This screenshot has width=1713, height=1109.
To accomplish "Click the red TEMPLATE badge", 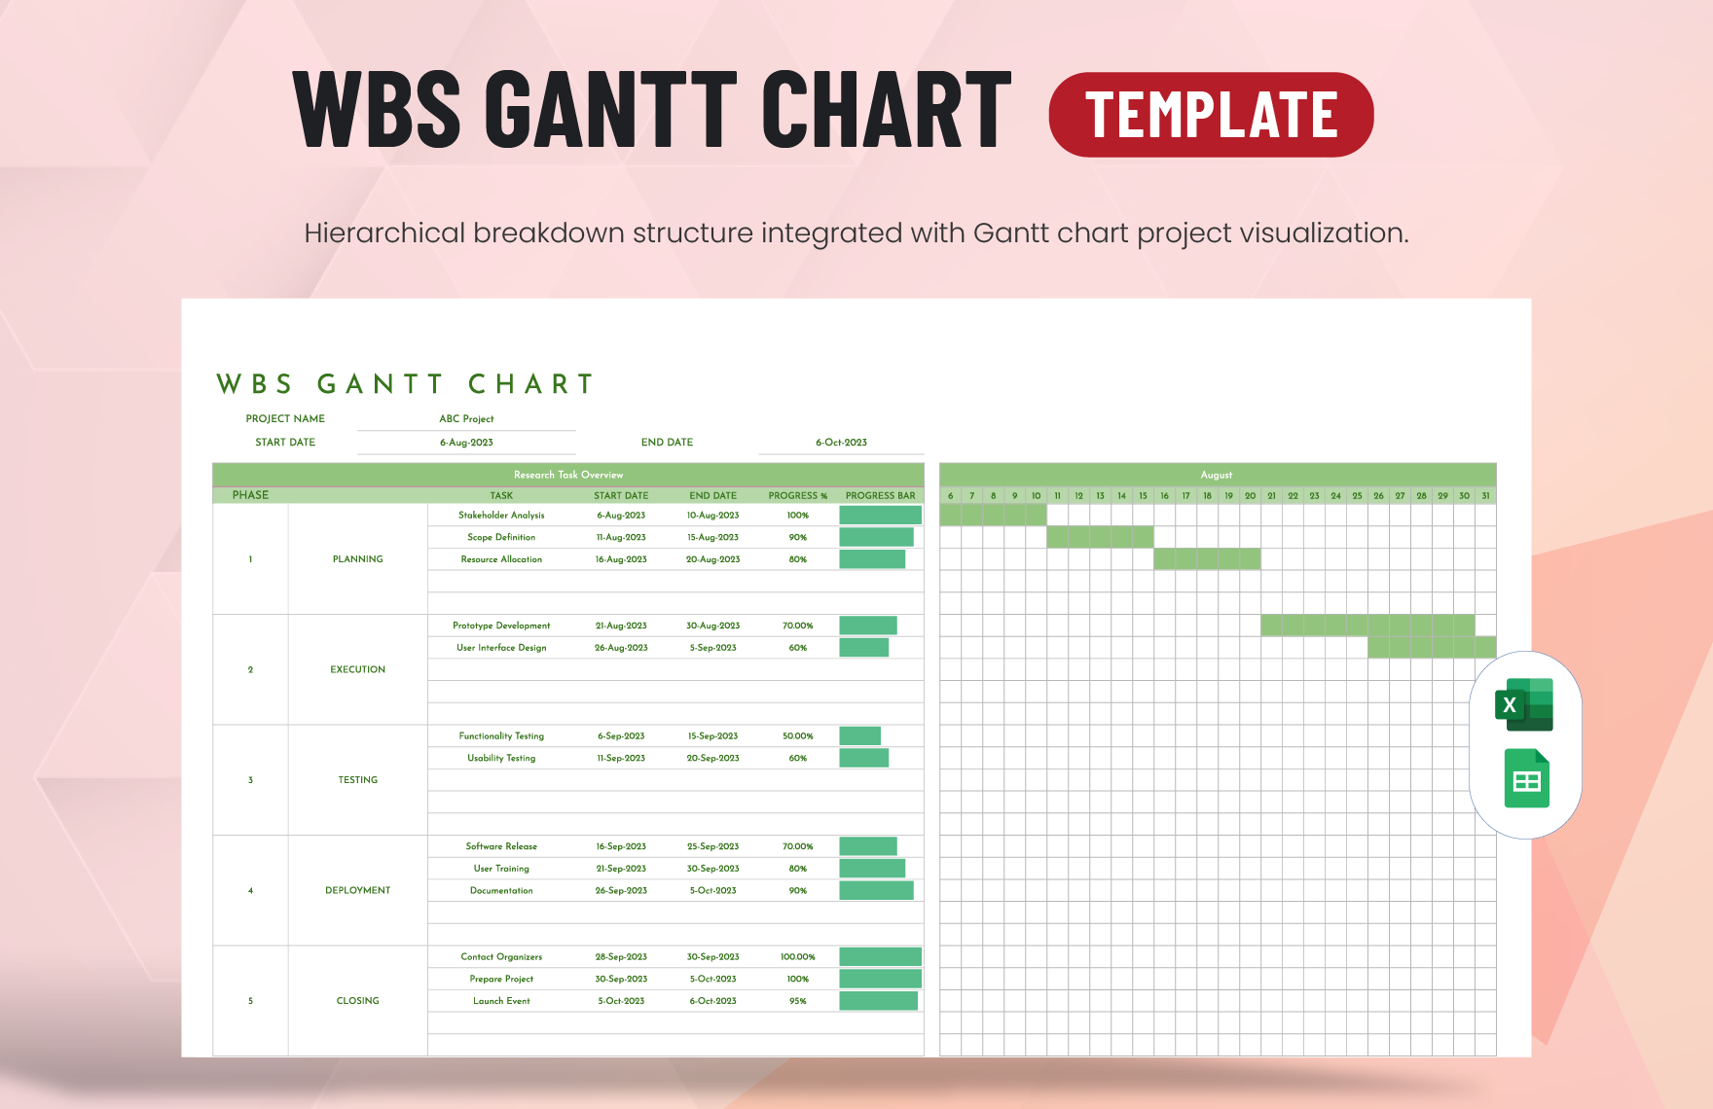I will click(1211, 115).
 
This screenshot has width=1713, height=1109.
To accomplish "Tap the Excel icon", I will click(1524, 705).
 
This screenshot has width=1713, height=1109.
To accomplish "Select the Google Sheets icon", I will click(1526, 779).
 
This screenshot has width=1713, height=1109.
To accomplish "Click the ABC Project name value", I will click(466, 419).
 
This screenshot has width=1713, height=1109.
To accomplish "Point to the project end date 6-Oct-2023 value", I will click(841, 443).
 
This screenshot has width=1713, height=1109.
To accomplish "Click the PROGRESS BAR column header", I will click(880, 496).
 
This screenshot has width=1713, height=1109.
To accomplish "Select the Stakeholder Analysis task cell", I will click(501, 516).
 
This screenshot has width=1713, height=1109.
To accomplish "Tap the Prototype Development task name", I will click(501, 626).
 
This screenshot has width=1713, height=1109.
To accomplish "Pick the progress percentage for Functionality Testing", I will click(797, 736).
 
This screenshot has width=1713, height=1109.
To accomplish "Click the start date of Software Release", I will click(621, 846).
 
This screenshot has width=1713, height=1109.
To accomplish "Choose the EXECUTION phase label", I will click(357, 669).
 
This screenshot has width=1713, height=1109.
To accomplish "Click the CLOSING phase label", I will click(357, 1001).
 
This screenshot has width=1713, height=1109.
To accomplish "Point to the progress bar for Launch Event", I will click(878, 1001).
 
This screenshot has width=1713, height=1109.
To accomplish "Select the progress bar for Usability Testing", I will click(863, 758).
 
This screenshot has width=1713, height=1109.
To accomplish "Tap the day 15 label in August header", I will click(1143, 496).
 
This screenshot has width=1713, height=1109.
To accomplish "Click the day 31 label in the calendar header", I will click(1485, 496).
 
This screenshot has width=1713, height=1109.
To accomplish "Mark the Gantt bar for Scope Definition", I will click(1100, 537).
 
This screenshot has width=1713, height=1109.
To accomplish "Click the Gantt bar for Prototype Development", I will click(1367, 626).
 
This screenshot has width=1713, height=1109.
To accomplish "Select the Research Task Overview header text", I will click(568, 475).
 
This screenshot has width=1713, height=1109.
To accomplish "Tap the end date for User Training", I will click(712, 869).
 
